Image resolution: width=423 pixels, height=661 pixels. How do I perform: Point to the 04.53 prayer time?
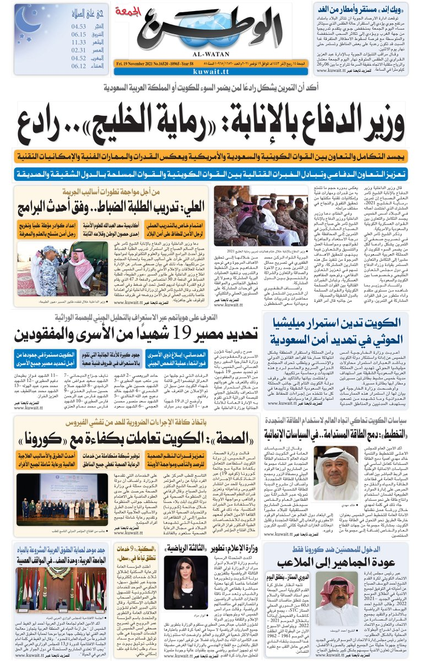79,26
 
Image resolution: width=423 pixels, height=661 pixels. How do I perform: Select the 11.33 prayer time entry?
79,41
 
